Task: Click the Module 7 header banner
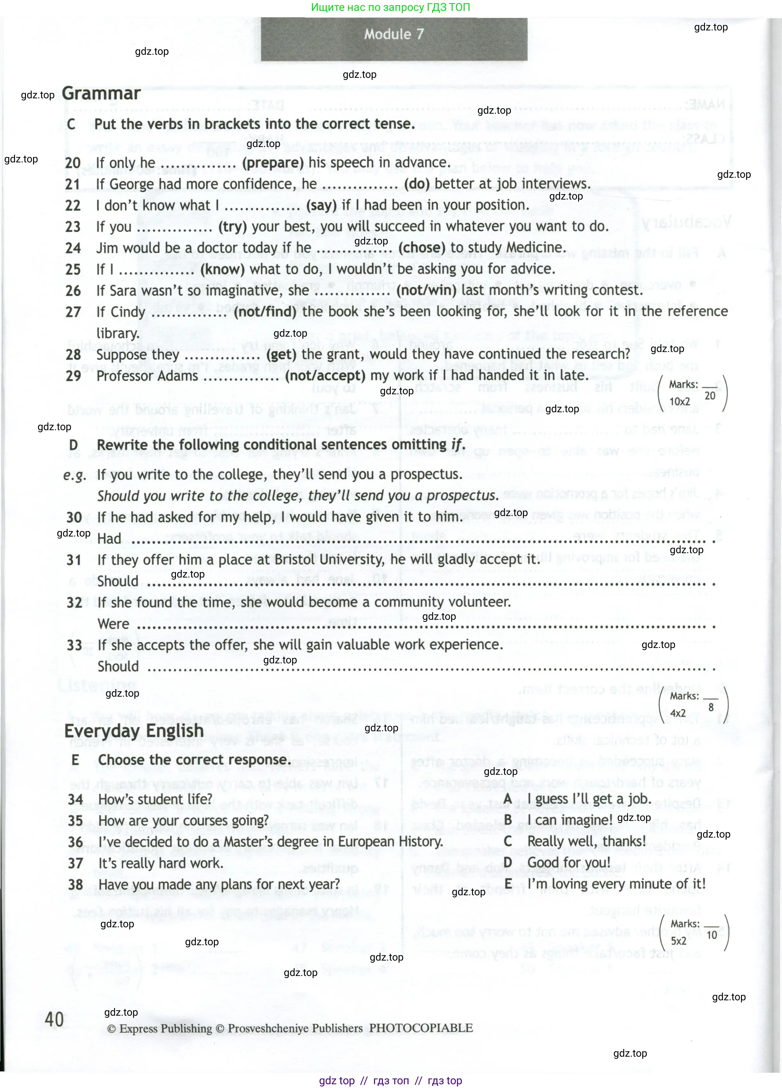pyautogui.click(x=393, y=35)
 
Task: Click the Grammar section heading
pyautogui.click(x=101, y=93)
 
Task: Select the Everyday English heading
pyautogui.click(x=134, y=731)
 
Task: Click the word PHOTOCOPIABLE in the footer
pyautogui.click(x=421, y=1028)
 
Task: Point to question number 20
pyautogui.click(x=72, y=163)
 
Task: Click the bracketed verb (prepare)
pyautogui.click(x=273, y=163)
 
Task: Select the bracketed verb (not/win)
pyautogui.click(x=426, y=290)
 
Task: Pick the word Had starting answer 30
pyautogui.click(x=109, y=539)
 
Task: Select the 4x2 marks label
pyautogui.click(x=678, y=714)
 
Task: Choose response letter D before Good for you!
pyautogui.click(x=508, y=863)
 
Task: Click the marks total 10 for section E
pyautogui.click(x=711, y=935)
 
